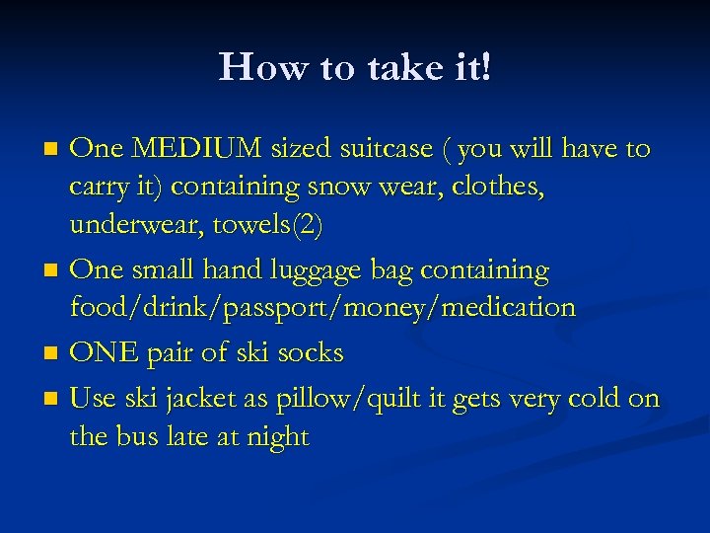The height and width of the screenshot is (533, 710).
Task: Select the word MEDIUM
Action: (x=195, y=149)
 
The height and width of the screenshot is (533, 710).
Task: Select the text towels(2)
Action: (x=276, y=225)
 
